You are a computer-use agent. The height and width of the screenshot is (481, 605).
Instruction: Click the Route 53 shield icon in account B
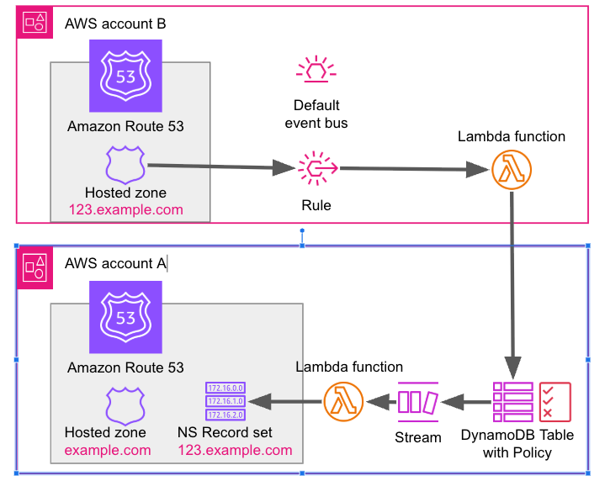125,76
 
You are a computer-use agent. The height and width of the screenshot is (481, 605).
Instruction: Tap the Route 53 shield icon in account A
125,317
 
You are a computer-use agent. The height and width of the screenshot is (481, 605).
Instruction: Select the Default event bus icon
316,69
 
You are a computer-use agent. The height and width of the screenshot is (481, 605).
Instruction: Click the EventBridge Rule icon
317,168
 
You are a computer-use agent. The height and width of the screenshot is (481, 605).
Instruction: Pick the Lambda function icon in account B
512,170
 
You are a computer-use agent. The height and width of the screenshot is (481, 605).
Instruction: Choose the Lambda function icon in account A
343,402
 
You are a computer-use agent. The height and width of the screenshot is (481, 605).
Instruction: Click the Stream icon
418,402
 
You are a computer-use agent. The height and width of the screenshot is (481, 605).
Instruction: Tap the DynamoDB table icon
513,402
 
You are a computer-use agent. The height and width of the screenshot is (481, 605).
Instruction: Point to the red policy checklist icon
555,402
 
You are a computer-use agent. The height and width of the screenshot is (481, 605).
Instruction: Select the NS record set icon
226,401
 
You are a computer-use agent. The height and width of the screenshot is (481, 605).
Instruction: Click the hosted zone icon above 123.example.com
125,165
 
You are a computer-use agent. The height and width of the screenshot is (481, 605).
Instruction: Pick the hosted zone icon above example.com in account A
125,406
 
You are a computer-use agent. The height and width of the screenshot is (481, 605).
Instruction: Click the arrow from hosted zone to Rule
221,166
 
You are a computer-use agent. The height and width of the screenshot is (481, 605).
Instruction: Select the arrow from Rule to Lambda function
414,169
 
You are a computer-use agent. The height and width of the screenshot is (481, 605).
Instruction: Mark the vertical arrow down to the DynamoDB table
512,286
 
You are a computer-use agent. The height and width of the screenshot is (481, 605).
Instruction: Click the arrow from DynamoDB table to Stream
466,402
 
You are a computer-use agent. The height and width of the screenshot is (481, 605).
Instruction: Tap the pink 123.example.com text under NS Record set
235,450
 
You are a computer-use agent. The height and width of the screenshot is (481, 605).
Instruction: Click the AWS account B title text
115,24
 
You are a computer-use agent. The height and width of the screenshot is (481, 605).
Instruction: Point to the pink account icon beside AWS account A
34,267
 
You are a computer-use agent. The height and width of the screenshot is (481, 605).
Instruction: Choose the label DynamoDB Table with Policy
517,444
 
